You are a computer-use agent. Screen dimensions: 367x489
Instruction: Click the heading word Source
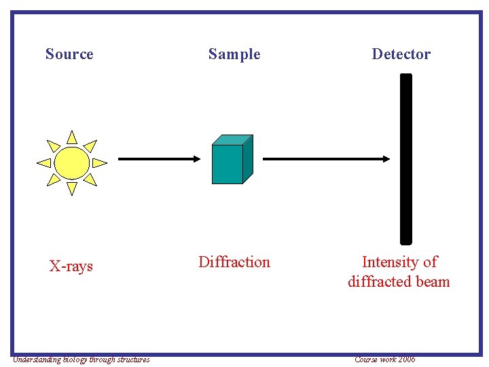(69, 54)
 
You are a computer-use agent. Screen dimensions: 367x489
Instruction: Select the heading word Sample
(234, 54)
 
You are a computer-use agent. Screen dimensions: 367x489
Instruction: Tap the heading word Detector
(401, 54)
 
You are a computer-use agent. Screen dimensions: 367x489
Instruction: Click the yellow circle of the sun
(71, 162)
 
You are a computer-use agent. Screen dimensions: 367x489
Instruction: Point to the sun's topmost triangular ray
(71, 137)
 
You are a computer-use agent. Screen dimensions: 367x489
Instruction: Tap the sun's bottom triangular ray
(71, 188)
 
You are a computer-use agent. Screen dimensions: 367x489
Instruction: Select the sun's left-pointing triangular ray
(45, 162)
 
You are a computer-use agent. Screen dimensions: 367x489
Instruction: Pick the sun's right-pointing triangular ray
(98, 162)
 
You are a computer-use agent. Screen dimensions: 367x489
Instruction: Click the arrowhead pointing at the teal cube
(196, 158)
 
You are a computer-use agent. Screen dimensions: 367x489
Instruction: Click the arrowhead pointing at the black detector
(386, 158)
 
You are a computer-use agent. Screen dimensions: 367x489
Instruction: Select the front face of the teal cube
(227, 164)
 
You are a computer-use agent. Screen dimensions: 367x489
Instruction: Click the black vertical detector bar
(405, 158)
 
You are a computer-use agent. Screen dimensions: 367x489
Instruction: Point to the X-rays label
(71, 266)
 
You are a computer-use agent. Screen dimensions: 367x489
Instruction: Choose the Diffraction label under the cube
(234, 262)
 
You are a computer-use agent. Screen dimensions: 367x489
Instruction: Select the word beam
(433, 281)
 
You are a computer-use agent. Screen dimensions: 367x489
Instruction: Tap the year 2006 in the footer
(406, 360)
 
